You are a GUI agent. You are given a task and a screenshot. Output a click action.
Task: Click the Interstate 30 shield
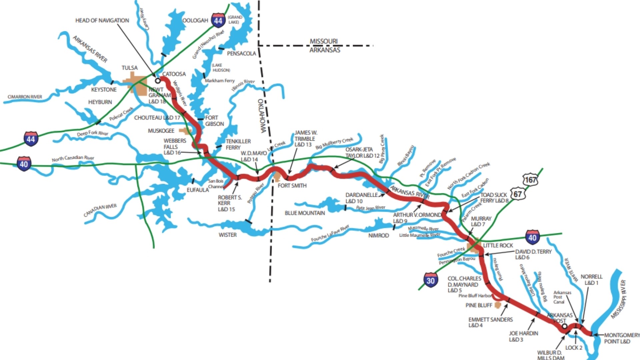click(430, 280)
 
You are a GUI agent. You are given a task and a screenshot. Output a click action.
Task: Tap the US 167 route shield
click(530, 180)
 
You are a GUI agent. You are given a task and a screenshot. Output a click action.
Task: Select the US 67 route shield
click(517, 194)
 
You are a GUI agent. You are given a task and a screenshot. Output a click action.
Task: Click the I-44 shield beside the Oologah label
click(218, 21)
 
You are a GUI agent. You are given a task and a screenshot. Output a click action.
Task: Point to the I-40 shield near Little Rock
click(532, 238)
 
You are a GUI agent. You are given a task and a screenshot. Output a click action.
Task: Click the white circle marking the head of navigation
click(158, 80)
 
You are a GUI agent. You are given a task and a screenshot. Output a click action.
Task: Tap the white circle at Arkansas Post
click(564, 326)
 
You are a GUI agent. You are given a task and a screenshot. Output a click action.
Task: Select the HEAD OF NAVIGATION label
click(102, 20)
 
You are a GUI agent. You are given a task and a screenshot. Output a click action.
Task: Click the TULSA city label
click(130, 68)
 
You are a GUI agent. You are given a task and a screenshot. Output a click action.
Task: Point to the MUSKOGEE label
click(161, 131)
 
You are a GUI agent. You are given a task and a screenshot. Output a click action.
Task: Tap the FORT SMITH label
click(292, 186)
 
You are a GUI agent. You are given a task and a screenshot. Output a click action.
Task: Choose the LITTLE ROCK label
click(498, 245)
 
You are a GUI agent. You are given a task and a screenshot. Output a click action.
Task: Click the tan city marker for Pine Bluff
click(498, 305)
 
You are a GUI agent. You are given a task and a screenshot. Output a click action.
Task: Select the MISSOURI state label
click(324, 41)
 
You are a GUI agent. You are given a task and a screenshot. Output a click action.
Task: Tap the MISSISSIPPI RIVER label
click(619, 299)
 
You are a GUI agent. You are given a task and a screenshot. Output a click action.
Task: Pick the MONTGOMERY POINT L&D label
click(622, 338)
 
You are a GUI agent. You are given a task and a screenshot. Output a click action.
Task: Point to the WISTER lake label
click(228, 235)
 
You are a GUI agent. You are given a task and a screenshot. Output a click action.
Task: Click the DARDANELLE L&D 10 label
click(362, 198)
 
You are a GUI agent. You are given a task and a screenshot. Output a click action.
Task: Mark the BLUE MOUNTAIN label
click(305, 213)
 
